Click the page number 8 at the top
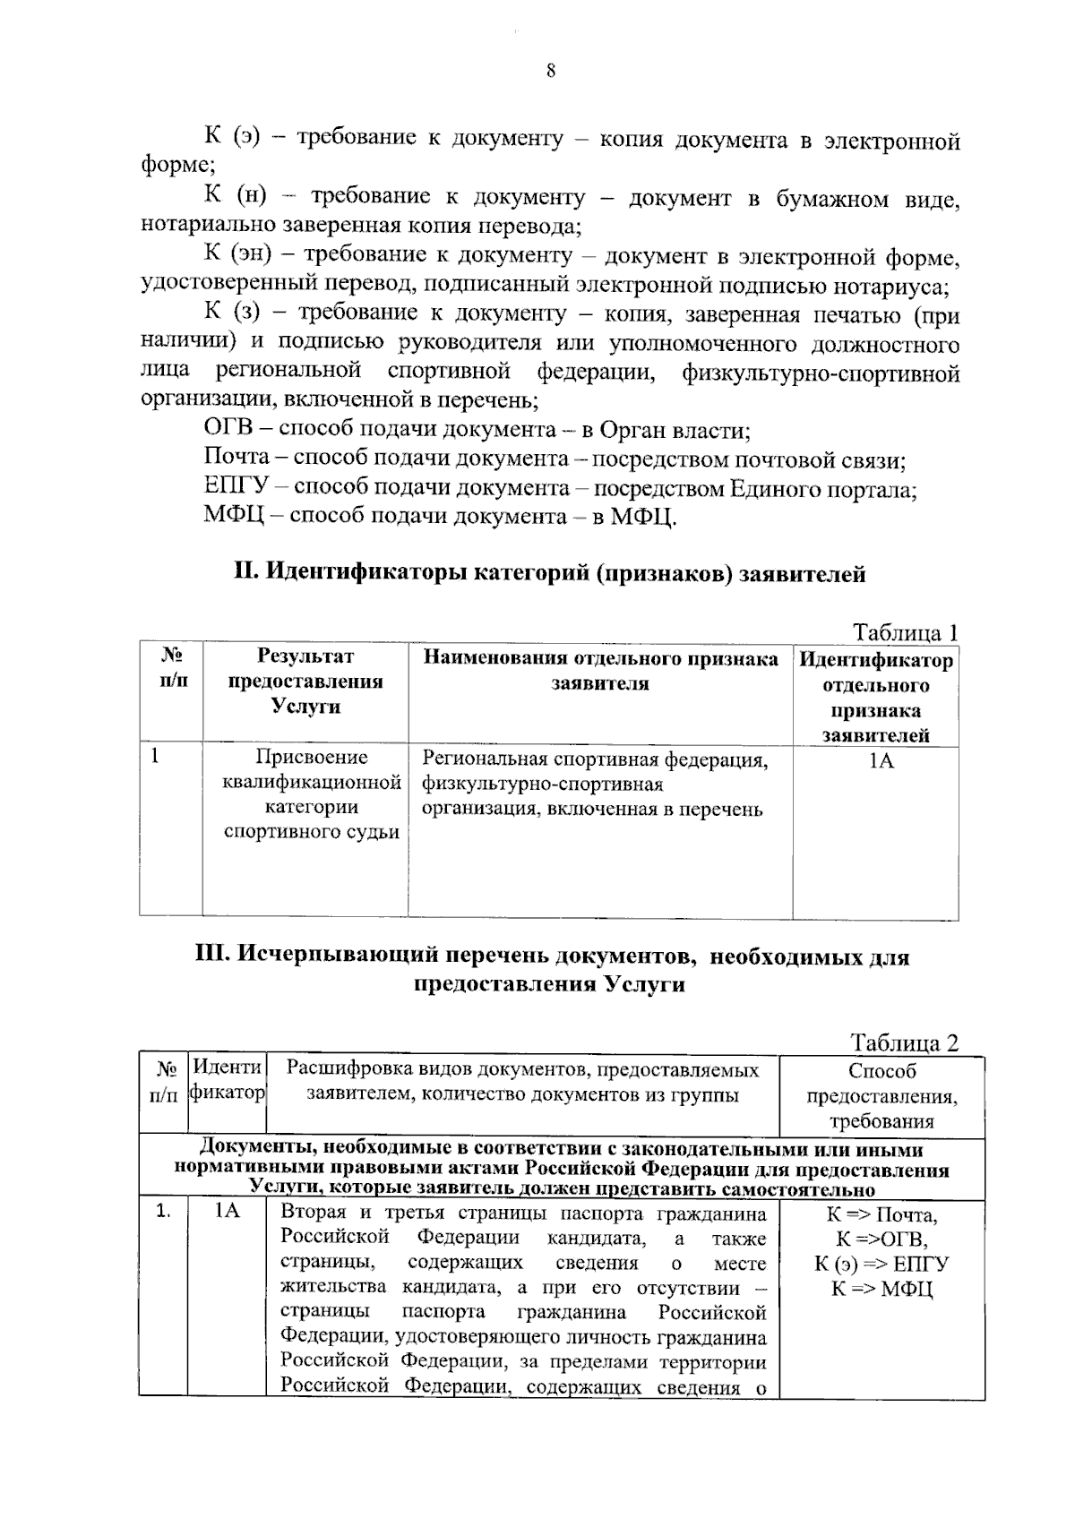pyautogui.click(x=550, y=72)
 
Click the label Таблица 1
pyautogui.click(x=906, y=632)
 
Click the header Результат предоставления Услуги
pyautogui.click(x=305, y=682)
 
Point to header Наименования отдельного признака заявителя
pyautogui.click(x=600, y=672)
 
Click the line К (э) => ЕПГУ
pyautogui.click(x=881, y=1264)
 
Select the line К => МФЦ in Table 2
pyautogui.click(x=881, y=1289)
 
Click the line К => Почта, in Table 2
pyautogui.click(x=881, y=1215)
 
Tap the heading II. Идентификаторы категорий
pyautogui.click(x=549, y=573)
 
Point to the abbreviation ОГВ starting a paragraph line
pyautogui.click(x=229, y=430)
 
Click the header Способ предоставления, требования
pyautogui.click(x=881, y=1095)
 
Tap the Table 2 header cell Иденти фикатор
pyautogui.click(x=228, y=1081)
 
